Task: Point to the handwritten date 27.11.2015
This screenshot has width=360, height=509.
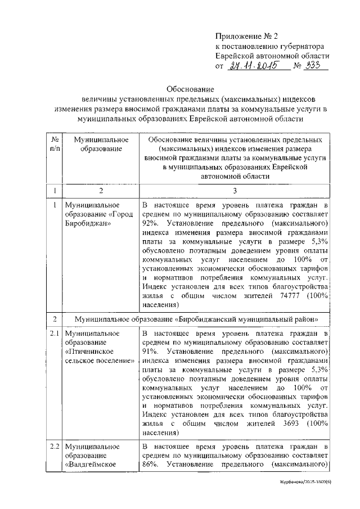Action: [x=253, y=67]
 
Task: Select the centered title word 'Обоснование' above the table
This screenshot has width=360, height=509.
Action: [x=190, y=89]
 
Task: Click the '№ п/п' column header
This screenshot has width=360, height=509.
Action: [x=55, y=143]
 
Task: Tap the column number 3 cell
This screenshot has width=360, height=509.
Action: [x=235, y=191]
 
